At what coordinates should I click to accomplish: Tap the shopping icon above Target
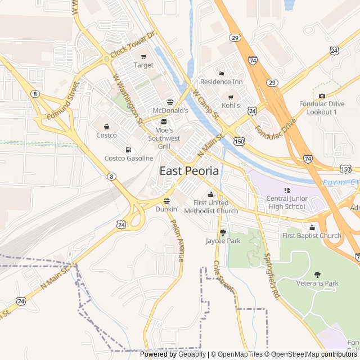click(143, 56)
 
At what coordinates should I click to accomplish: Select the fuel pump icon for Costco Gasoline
click(129, 150)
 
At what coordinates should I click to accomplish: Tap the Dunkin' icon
click(166, 200)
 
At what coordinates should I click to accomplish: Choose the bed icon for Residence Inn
click(221, 73)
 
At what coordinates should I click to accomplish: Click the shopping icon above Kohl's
click(231, 97)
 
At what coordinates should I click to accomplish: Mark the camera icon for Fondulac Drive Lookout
click(322, 96)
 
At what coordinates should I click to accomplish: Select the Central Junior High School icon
click(286, 190)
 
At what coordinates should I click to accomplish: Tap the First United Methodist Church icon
click(211, 194)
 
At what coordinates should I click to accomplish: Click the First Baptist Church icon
click(312, 227)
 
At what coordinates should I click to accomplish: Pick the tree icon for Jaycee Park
click(223, 232)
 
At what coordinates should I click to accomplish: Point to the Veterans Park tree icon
click(317, 274)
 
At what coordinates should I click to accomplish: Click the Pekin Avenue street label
click(177, 240)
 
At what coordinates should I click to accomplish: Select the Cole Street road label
click(223, 276)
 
